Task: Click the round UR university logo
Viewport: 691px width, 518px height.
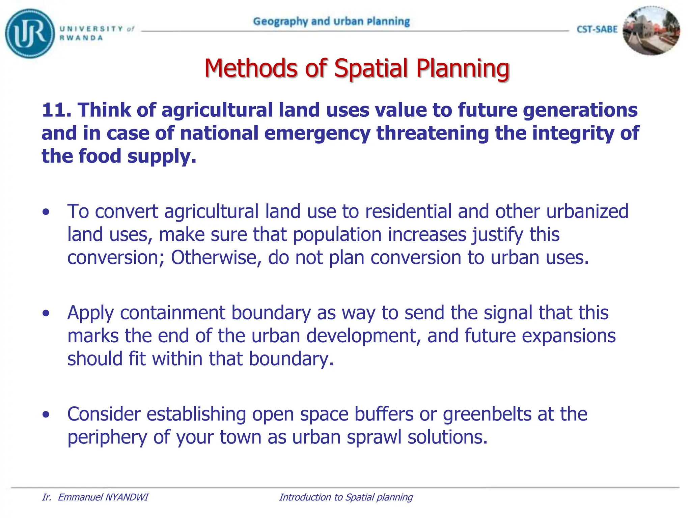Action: coord(30,33)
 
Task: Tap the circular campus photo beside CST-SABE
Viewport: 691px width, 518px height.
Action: coord(651,31)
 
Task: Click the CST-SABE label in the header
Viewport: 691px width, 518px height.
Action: coord(597,30)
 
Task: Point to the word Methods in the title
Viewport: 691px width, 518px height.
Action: coord(251,68)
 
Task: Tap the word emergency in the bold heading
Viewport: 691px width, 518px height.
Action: coord(317,133)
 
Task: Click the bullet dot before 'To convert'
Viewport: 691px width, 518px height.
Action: coord(46,212)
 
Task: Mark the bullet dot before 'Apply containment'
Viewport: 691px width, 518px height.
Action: coord(46,313)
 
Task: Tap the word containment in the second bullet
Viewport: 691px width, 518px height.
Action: coord(172,313)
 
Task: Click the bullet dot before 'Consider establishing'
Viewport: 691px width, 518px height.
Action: coord(46,414)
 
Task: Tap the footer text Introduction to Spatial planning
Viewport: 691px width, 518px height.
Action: coord(346,497)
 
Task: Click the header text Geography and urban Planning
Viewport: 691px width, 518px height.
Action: coord(331,22)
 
